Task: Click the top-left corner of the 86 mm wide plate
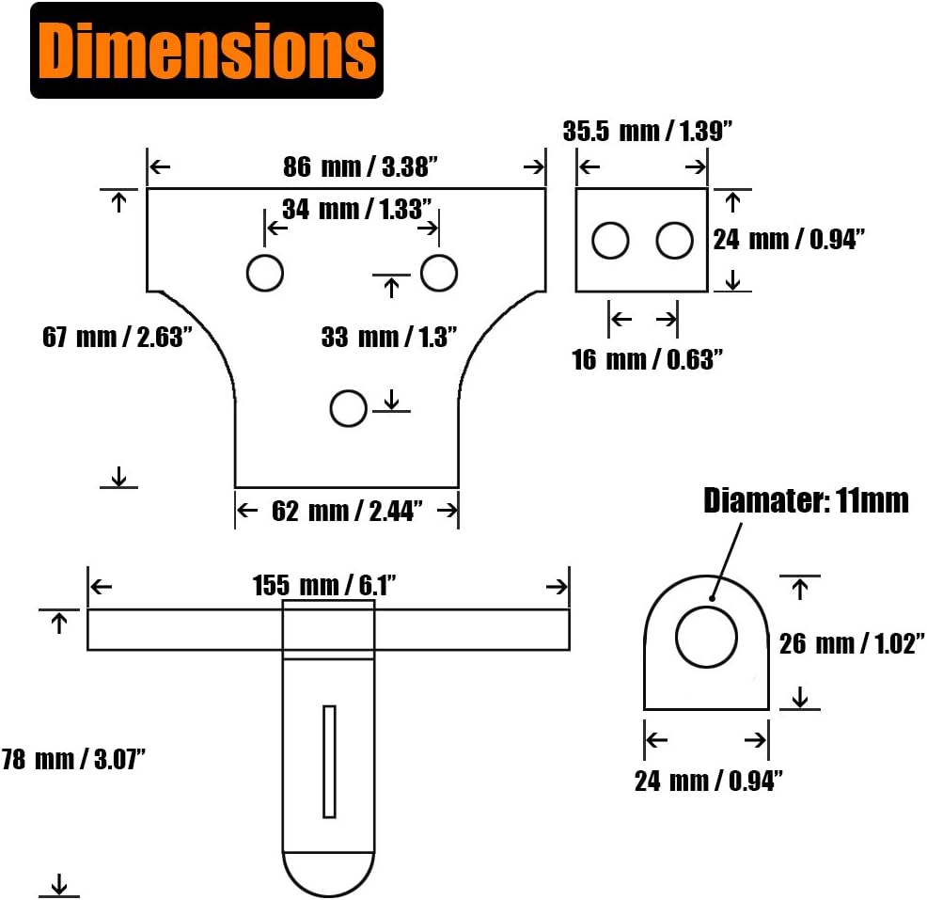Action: [148, 189]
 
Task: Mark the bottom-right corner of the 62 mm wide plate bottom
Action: [458, 487]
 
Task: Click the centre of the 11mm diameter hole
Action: [706, 637]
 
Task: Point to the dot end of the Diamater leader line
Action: [713, 598]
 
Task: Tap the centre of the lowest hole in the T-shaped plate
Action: [348, 408]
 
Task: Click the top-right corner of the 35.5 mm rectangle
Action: [707, 189]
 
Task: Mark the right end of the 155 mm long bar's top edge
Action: [570, 609]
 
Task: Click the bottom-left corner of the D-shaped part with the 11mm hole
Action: [644, 709]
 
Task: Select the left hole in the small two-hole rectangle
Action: [610, 240]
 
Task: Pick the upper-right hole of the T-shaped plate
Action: [439, 273]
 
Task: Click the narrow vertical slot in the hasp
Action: [329, 762]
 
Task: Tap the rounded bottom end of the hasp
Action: [328, 874]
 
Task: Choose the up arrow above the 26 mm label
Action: [800, 589]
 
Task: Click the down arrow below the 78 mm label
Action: [58, 884]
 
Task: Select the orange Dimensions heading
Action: [207, 50]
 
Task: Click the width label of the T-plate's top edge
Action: [360, 166]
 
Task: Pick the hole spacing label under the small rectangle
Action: [647, 359]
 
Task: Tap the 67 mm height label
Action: [118, 337]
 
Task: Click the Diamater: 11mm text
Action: [806, 501]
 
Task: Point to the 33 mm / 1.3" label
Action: [389, 337]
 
